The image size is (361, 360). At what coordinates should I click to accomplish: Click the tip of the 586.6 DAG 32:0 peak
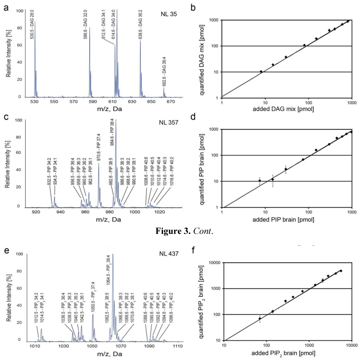(90, 28)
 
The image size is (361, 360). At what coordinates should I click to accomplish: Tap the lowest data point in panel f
(260, 319)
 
